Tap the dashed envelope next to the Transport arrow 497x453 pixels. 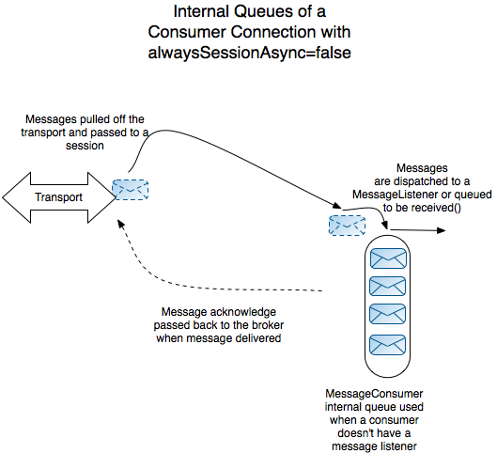pyautogui.click(x=129, y=190)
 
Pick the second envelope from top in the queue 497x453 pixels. pyautogui.click(x=386, y=285)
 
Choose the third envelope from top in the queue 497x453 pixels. pyautogui.click(x=386, y=314)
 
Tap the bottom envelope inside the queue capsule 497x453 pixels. pyautogui.click(x=386, y=344)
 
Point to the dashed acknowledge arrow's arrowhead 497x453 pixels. pyautogui.click(x=118, y=223)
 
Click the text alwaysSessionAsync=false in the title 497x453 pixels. pyautogui.click(x=250, y=53)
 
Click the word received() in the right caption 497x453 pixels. pyautogui.click(x=438, y=207)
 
